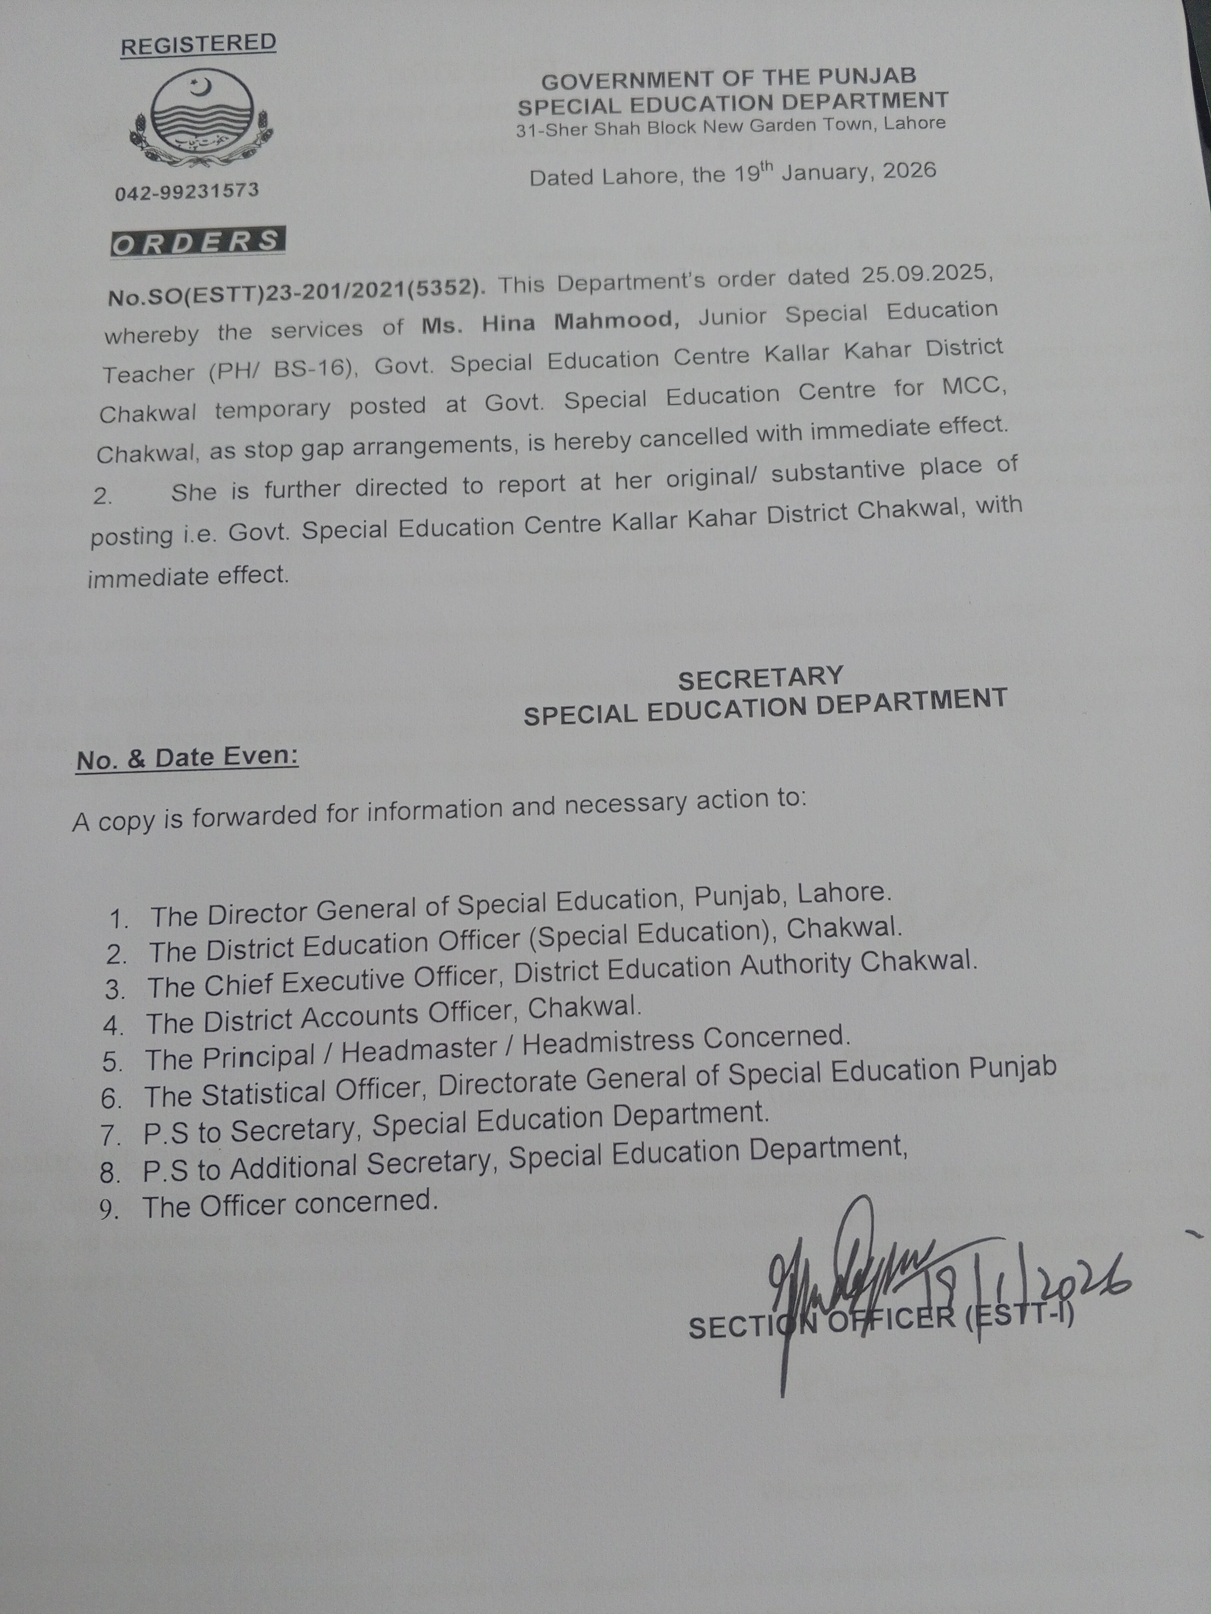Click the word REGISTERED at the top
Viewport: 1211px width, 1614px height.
(198, 44)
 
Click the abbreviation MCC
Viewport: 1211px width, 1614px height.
(973, 386)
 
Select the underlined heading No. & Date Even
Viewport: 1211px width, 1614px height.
(187, 758)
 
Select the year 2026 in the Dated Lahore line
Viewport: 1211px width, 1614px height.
(909, 171)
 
